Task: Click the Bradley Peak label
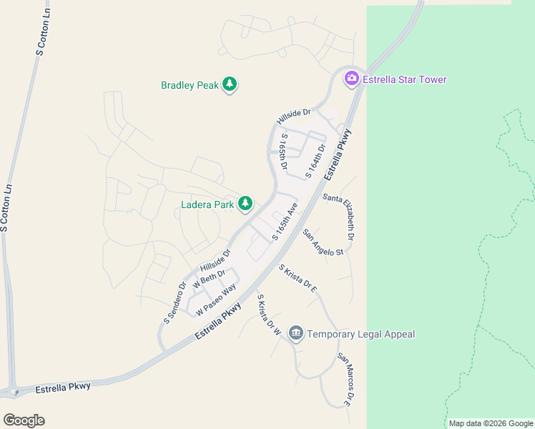pyautogui.click(x=189, y=85)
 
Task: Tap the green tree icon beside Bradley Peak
pyautogui.click(x=230, y=85)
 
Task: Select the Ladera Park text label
pyautogui.click(x=208, y=205)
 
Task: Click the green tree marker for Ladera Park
pyautogui.click(x=245, y=204)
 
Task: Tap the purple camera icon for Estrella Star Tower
pyautogui.click(x=351, y=79)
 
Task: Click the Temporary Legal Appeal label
pyautogui.click(x=361, y=334)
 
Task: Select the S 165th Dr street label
pyautogui.click(x=284, y=151)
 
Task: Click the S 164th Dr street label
pyautogui.click(x=315, y=161)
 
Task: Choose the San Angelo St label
pyautogui.click(x=323, y=242)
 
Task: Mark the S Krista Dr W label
pyautogui.click(x=267, y=315)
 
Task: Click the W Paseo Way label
pyautogui.click(x=215, y=300)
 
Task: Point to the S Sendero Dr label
pyautogui.click(x=174, y=302)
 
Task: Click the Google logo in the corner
pyautogui.click(x=24, y=420)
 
